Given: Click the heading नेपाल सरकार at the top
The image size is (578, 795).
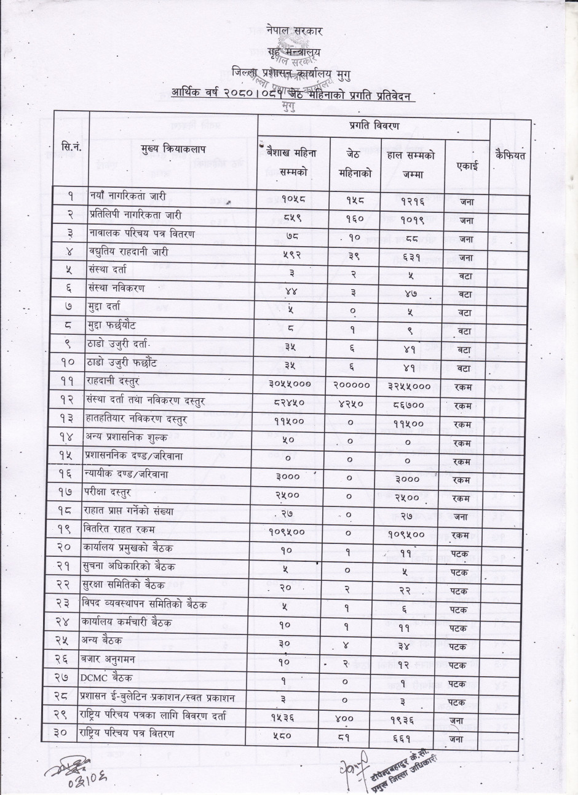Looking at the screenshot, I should [x=295, y=30].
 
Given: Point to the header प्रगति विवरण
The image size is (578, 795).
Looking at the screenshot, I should [x=373, y=126].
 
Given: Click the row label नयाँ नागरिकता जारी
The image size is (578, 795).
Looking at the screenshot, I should [x=128, y=196].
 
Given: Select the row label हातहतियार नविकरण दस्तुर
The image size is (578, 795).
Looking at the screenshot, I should [x=137, y=418].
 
